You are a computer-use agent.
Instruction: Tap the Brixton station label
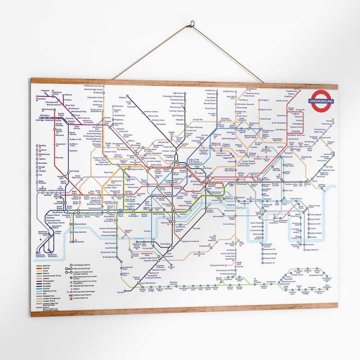[x=171, y=267]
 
